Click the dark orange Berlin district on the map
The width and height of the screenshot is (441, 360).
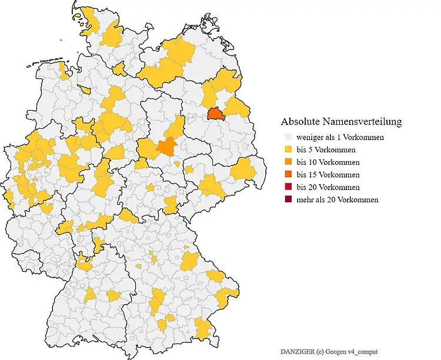tap(216, 114)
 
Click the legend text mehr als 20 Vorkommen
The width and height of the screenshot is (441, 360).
tap(337, 199)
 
